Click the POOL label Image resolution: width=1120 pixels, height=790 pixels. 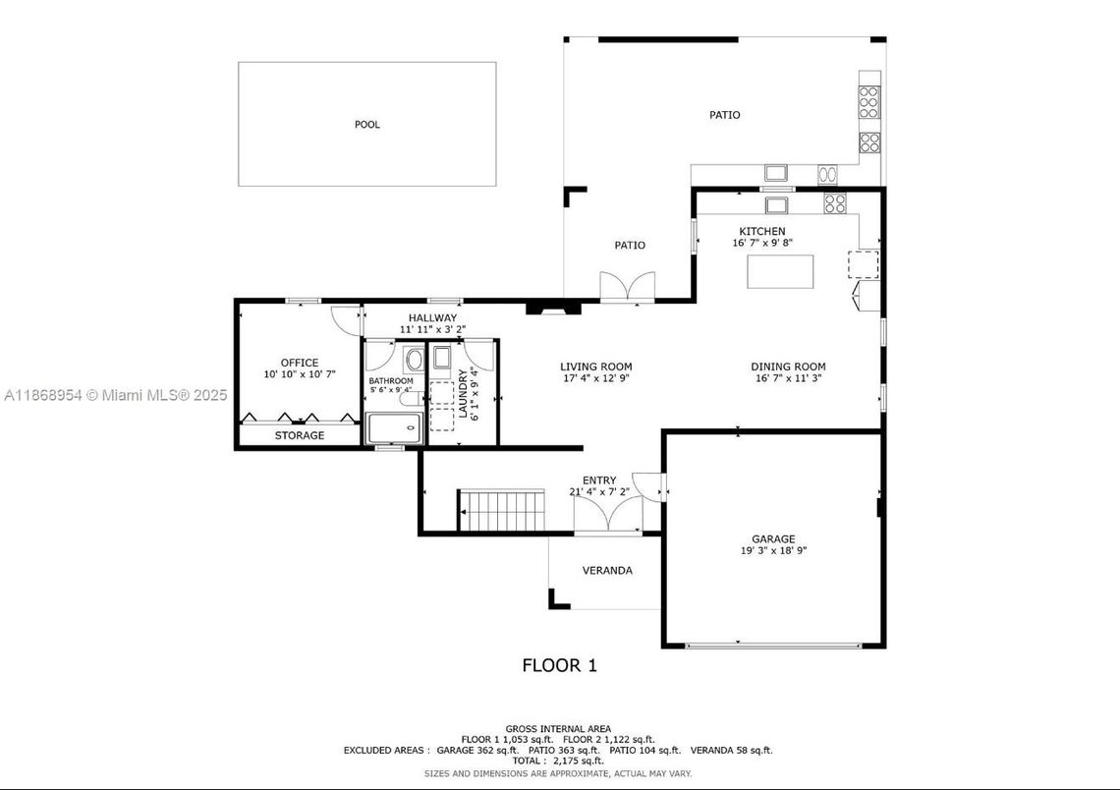click(367, 124)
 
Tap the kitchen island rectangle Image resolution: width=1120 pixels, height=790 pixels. click(780, 271)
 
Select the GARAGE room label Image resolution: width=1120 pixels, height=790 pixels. click(773, 539)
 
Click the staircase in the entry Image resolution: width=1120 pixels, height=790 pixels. click(501, 511)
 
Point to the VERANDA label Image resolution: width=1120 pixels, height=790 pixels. click(607, 571)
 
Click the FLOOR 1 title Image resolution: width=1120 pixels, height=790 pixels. click(559, 666)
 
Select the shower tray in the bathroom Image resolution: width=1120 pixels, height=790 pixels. click(394, 427)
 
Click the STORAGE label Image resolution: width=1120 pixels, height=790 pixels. click(300, 435)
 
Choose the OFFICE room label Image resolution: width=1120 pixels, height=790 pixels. click(300, 363)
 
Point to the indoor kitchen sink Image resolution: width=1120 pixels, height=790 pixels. click(776, 205)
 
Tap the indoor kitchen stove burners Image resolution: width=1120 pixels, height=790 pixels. click(834, 203)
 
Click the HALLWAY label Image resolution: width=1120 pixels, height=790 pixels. click(433, 317)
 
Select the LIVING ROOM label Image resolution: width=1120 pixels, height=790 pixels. click(595, 367)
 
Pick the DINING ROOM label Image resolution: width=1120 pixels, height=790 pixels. click(788, 367)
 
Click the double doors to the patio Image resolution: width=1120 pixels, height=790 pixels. click(627, 287)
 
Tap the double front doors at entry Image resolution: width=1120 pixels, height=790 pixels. click(608, 514)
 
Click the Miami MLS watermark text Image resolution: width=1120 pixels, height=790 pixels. click(116, 395)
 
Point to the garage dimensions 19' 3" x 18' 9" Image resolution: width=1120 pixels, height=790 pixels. click(773, 550)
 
